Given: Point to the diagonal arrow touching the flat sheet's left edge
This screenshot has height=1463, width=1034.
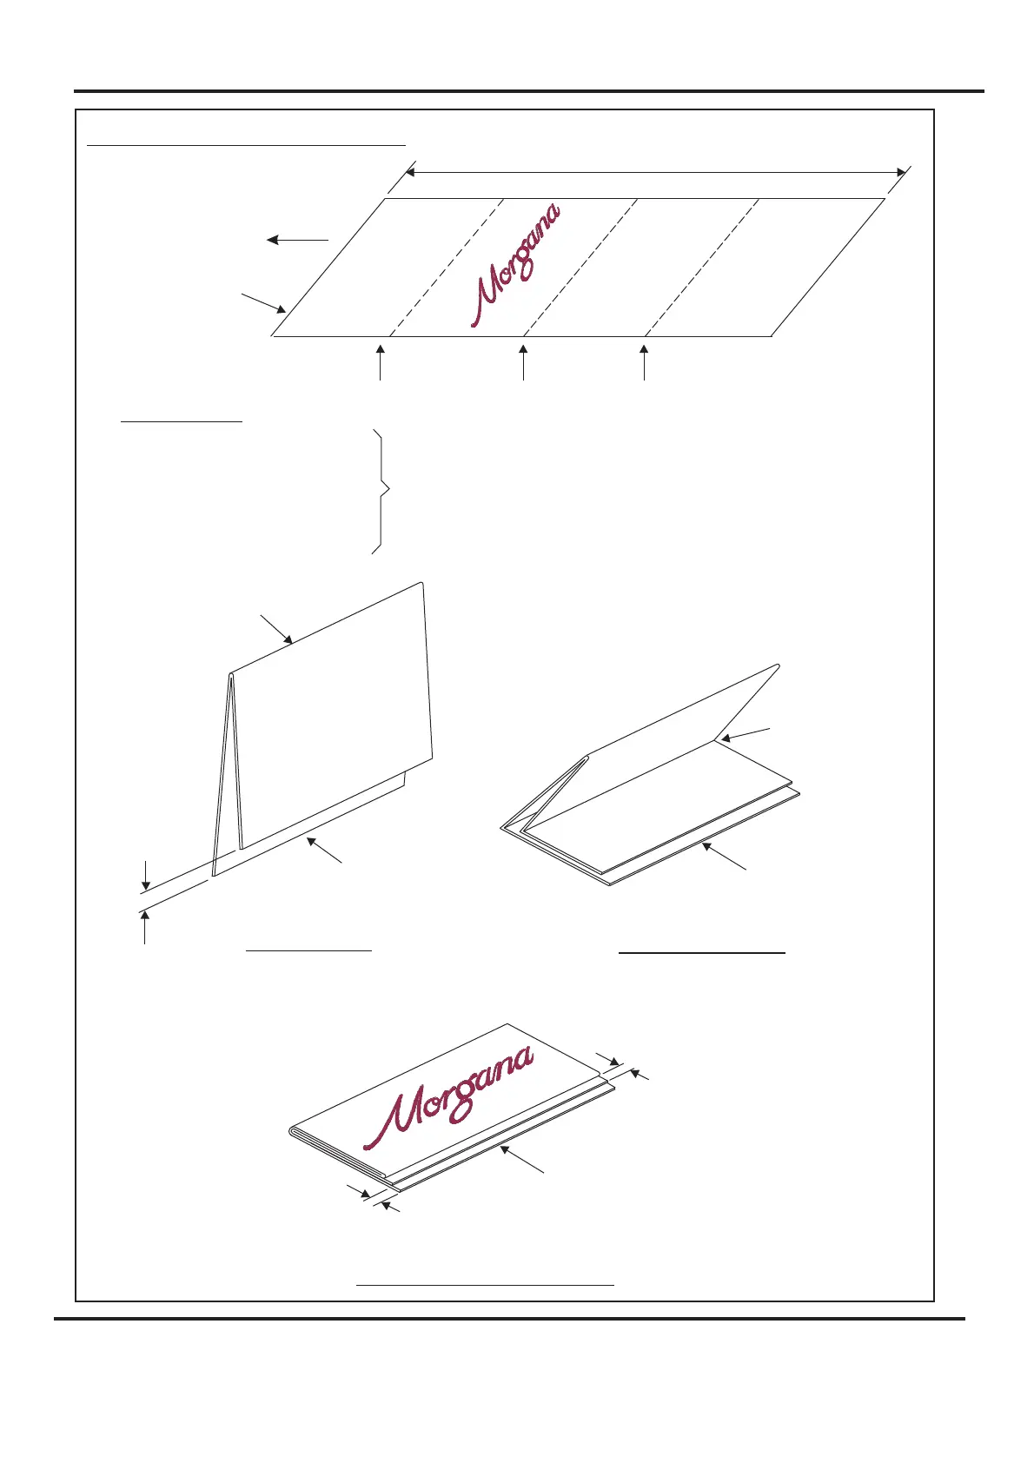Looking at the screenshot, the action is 264,303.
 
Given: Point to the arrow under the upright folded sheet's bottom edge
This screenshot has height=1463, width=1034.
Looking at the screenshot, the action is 324,850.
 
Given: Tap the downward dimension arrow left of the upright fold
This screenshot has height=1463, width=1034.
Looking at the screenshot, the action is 146,874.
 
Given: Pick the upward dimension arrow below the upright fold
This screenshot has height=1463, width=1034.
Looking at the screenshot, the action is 144,926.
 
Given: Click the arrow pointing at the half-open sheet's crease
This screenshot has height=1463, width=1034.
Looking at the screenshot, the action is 744,734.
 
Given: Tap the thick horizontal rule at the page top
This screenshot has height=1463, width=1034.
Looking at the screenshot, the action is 528,90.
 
